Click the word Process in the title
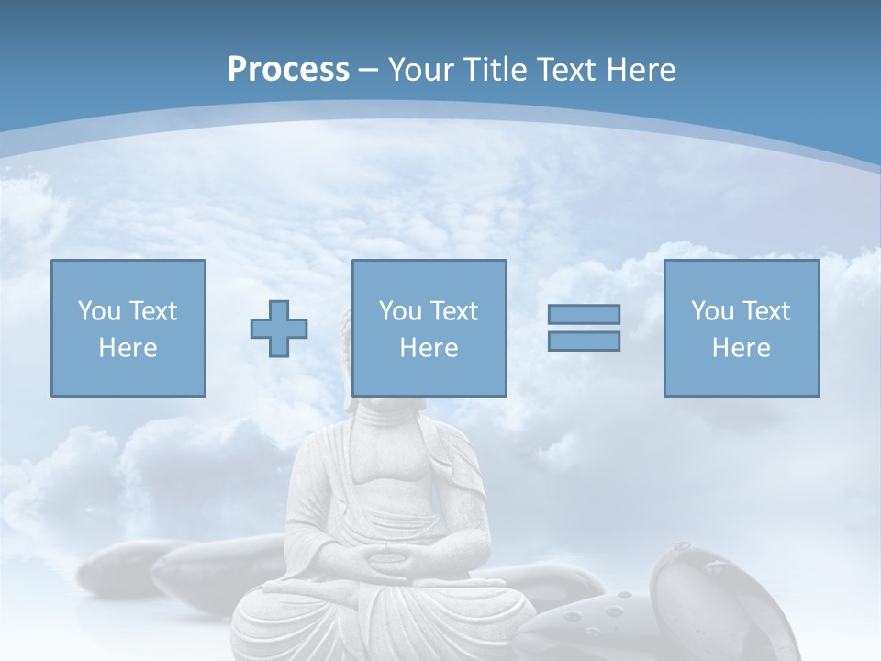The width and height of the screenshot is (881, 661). pos(288,70)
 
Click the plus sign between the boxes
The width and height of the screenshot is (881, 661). pos(279,329)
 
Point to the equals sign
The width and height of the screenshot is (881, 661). pos(584,328)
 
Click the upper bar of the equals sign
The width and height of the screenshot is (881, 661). pos(584,315)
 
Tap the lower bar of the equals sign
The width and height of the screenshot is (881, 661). pos(584,341)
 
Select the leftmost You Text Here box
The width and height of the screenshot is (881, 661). pos(128,328)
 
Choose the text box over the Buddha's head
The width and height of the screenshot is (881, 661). pos(429,328)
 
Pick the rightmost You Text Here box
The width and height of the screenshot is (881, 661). pos(742,328)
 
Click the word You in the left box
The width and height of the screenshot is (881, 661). pos(98,311)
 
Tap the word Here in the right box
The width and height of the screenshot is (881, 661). pos(742,348)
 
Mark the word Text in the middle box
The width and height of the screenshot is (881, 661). pos(453,311)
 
